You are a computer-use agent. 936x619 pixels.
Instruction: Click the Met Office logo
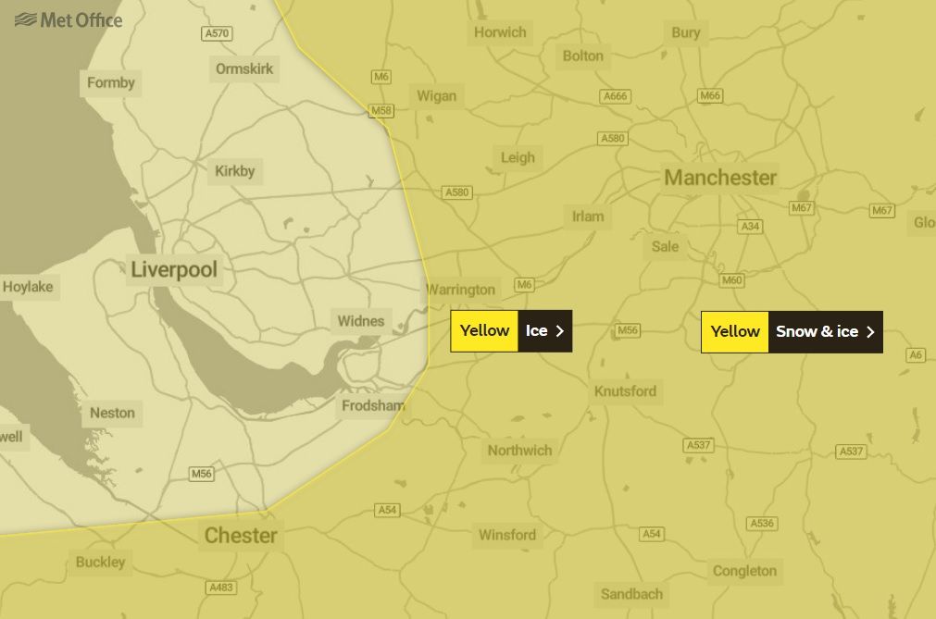pos(69,19)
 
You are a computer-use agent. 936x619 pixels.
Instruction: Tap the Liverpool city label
pos(174,270)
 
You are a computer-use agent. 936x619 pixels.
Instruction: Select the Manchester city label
pos(720,177)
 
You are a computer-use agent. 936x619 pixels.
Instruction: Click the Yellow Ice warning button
pos(511,331)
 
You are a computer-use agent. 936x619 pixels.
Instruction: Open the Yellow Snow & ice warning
pos(792,332)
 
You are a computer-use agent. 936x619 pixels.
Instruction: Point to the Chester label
pos(241,536)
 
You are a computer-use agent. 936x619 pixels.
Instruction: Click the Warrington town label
pos(461,290)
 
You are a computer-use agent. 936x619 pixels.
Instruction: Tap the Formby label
pos(111,83)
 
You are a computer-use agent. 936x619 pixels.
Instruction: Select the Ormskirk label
pos(246,69)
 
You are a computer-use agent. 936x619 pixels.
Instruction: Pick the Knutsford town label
pos(625,391)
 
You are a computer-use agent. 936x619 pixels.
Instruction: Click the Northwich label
pos(519,451)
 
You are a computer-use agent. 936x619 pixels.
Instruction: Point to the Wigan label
pos(436,96)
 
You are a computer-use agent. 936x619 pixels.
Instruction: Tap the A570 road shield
pos(217,34)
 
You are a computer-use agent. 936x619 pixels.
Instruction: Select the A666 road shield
pos(615,96)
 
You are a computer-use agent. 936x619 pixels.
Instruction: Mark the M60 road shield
pos(732,280)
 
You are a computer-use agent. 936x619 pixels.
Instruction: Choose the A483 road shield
pos(222,588)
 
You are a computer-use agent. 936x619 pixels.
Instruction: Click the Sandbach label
pos(631,594)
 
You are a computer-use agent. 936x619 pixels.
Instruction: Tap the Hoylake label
pos(28,288)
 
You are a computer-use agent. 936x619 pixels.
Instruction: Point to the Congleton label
pos(744,571)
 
